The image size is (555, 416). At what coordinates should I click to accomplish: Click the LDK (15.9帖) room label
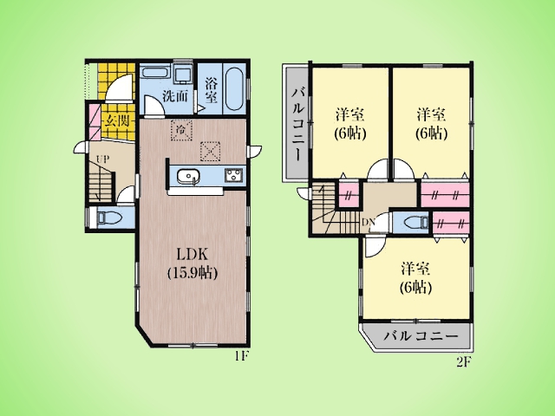click(x=192, y=263)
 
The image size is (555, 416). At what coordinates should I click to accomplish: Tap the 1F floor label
click(x=243, y=356)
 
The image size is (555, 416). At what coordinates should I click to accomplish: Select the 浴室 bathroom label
click(x=211, y=90)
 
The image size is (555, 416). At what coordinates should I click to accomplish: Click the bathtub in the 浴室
click(x=233, y=88)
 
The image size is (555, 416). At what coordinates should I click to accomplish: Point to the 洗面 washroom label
click(x=174, y=96)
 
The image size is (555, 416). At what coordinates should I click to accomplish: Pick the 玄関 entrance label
click(x=116, y=122)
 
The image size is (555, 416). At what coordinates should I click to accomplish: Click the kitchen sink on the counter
click(x=188, y=176)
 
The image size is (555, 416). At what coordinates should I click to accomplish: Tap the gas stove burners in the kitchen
click(x=232, y=175)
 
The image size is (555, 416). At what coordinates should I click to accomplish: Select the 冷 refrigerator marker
click(x=181, y=130)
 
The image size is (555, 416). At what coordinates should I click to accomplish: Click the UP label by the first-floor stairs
click(x=103, y=159)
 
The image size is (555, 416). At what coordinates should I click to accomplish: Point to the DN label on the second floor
click(x=368, y=222)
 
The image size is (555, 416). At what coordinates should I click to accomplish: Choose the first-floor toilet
click(x=105, y=218)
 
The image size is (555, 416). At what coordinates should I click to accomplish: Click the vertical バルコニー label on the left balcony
click(x=297, y=125)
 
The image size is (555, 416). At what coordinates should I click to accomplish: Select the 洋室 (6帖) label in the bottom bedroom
click(x=415, y=278)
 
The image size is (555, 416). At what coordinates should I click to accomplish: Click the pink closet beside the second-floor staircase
click(x=349, y=195)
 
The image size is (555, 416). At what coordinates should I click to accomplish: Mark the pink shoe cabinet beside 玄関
click(x=95, y=121)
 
